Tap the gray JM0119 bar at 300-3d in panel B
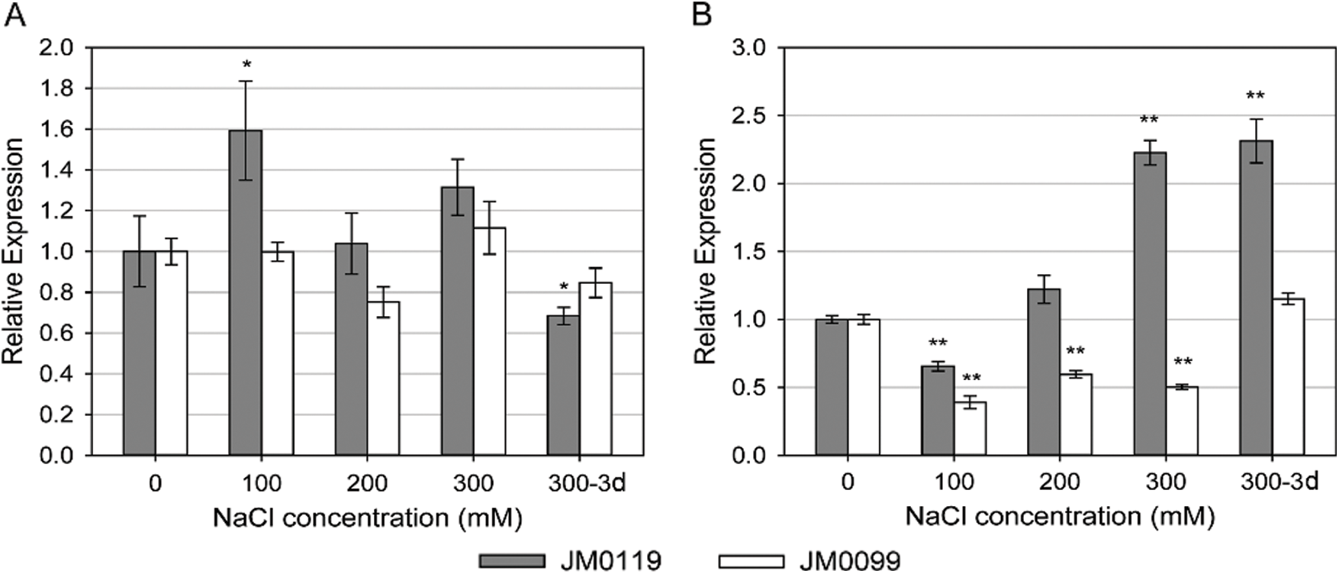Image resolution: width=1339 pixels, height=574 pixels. [x=1256, y=298]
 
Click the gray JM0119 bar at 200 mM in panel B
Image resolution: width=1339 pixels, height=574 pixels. [x=1044, y=372]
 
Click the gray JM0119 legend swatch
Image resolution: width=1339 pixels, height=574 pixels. [x=512, y=561]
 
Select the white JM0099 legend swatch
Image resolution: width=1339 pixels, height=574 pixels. [x=752, y=561]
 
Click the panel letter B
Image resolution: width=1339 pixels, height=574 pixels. [x=701, y=15]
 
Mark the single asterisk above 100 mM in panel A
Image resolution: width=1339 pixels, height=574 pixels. [x=246, y=64]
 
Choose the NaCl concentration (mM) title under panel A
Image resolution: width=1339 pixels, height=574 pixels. [x=368, y=518]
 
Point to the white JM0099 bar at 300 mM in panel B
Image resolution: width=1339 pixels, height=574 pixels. [x=1182, y=421]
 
